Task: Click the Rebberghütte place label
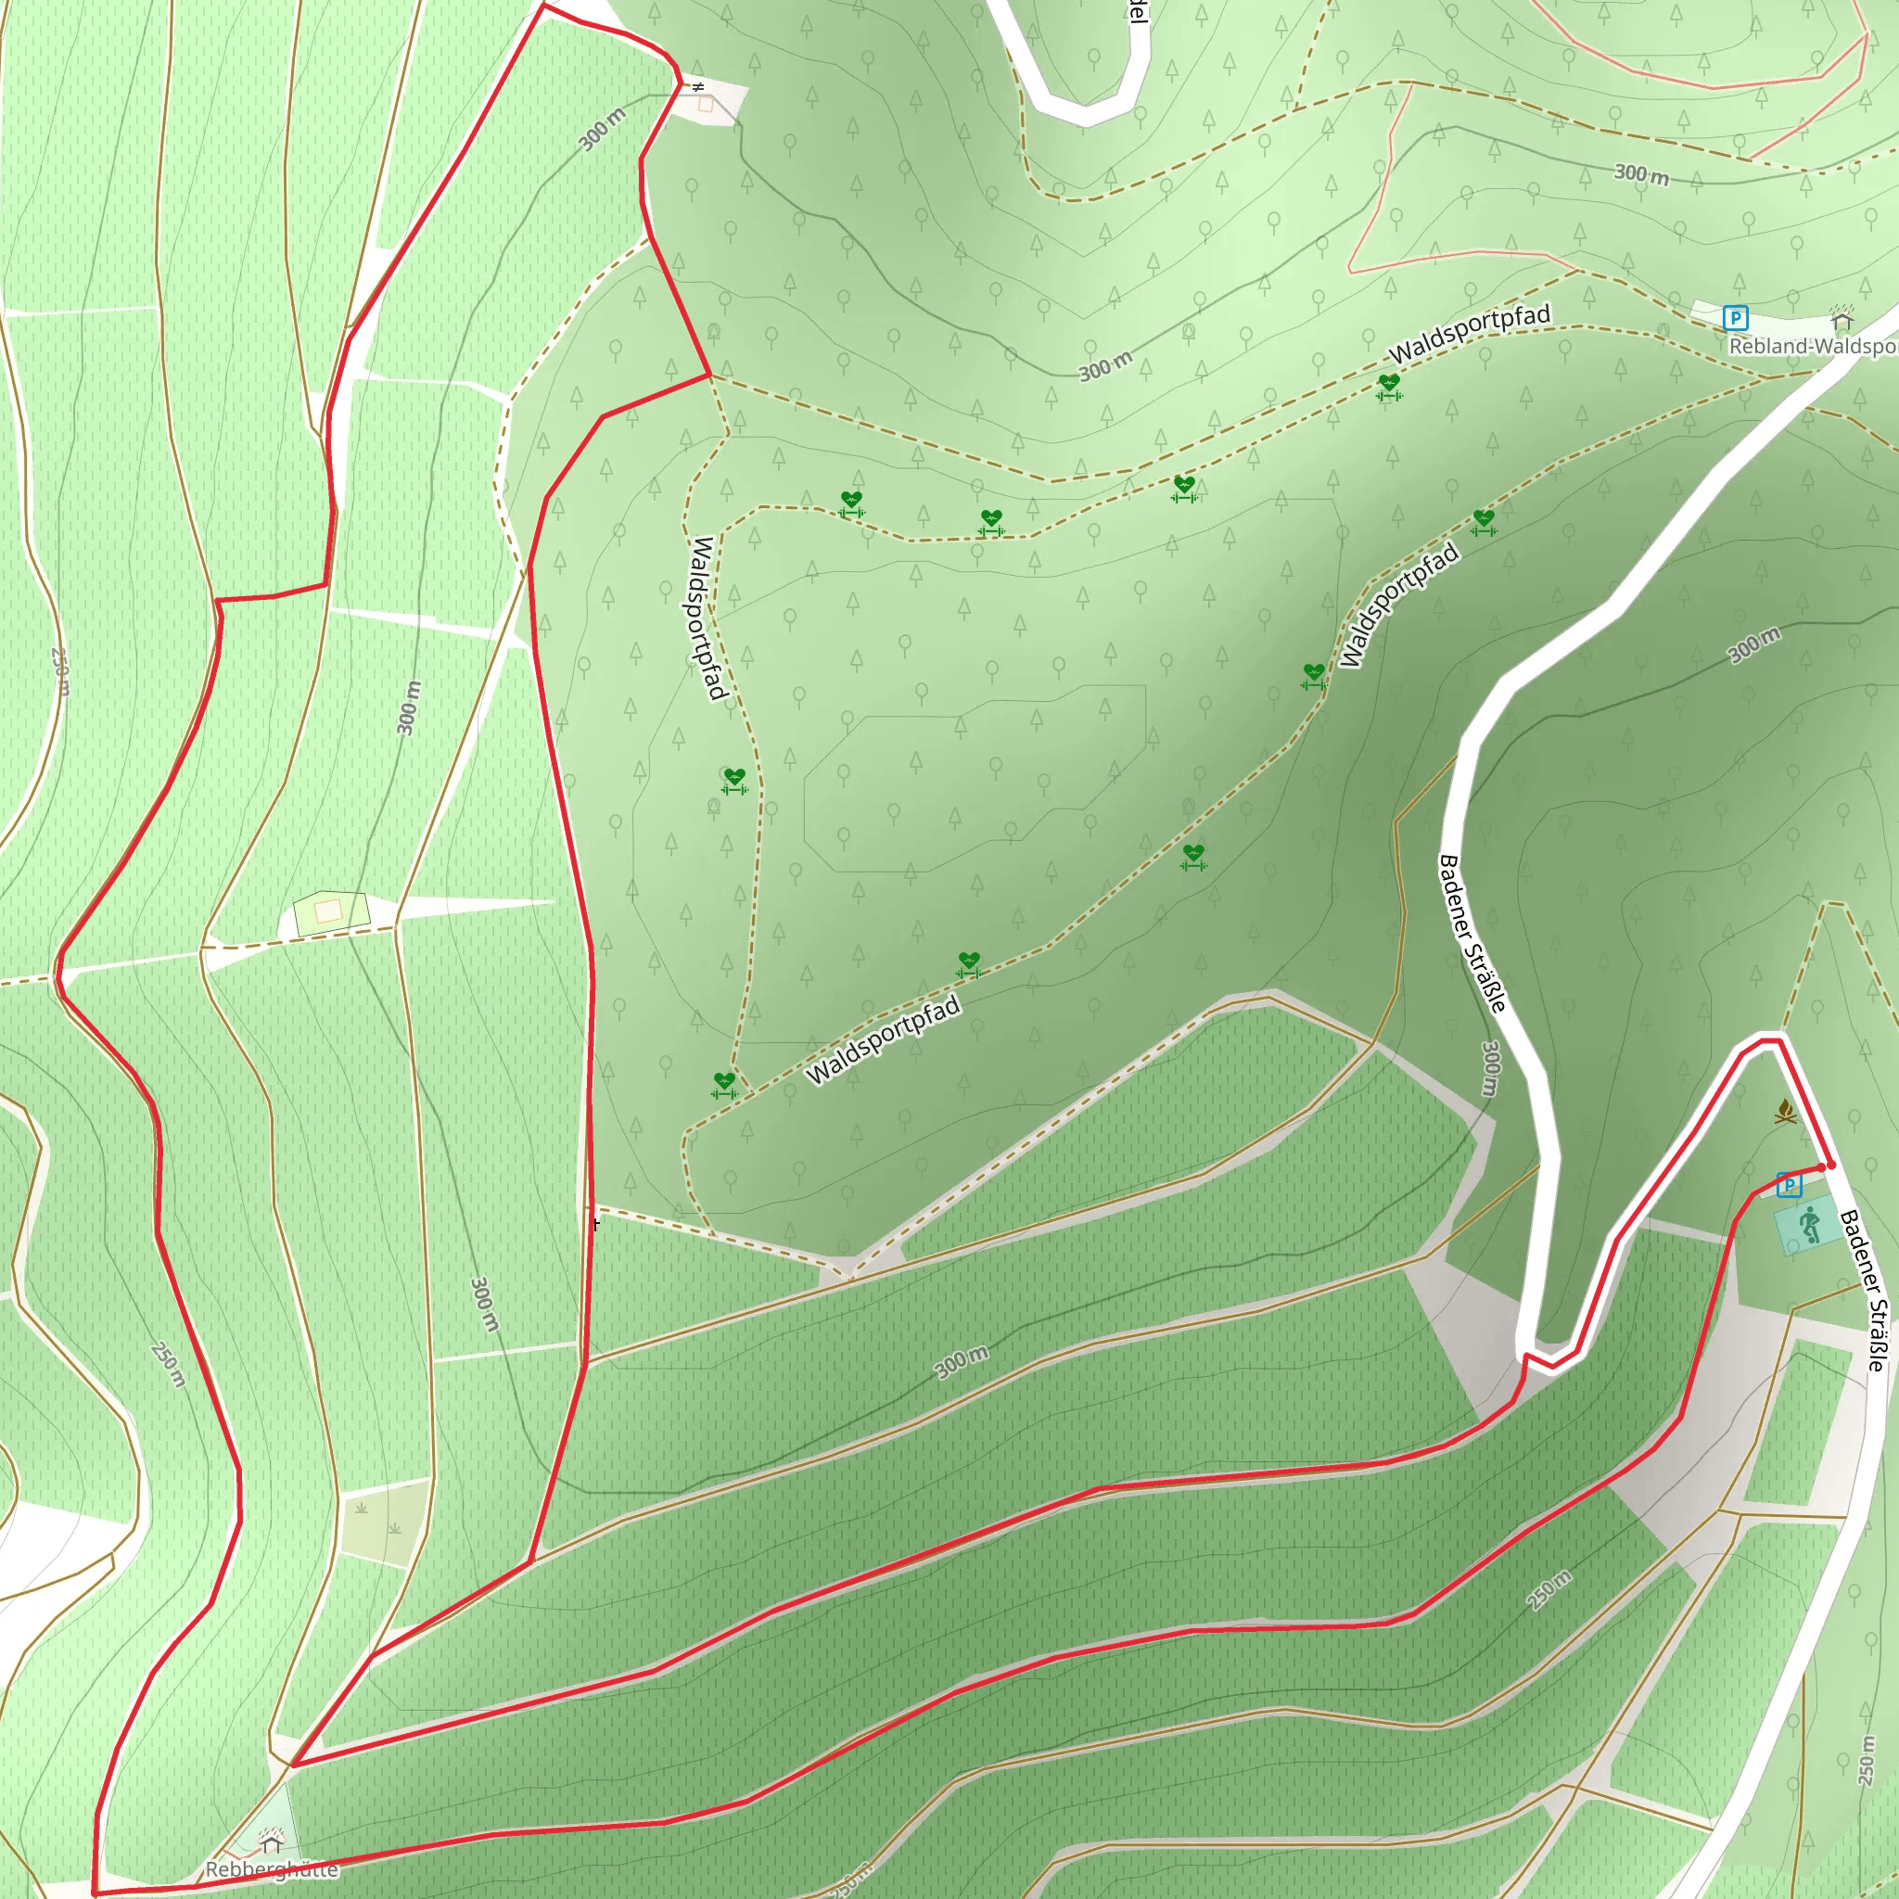coord(272,1868)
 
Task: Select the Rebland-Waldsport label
coord(1813,346)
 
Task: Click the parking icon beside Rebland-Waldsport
coord(1735,317)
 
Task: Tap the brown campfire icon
coord(1786,1112)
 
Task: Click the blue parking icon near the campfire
coord(1789,1184)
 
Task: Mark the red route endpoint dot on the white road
coord(1831,1165)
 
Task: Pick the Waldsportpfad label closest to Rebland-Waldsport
coord(1469,332)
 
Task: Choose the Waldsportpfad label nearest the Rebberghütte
coord(882,1040)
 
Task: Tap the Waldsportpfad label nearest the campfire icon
coord(1398,605)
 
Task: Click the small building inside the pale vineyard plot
coord(328,911)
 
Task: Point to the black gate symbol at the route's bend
coord(698,86)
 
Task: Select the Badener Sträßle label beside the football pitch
coord(1864,1291)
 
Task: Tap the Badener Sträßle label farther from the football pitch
coord(1472,933)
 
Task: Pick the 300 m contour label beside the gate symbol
coord(602,129)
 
